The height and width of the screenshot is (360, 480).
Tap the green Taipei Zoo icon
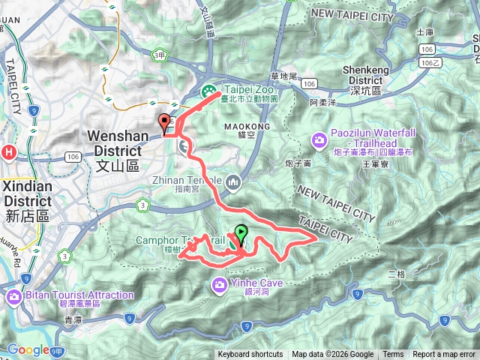point(208,91)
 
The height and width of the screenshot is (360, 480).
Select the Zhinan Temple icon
point(234,181)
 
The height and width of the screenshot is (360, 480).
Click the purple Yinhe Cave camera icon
point(219,283)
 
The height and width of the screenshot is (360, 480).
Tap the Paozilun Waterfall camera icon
point(319,139)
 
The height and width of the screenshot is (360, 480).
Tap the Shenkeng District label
point(367,79)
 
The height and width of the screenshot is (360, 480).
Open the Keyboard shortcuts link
point(250,355)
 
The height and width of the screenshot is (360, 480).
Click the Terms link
point(393,355)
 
